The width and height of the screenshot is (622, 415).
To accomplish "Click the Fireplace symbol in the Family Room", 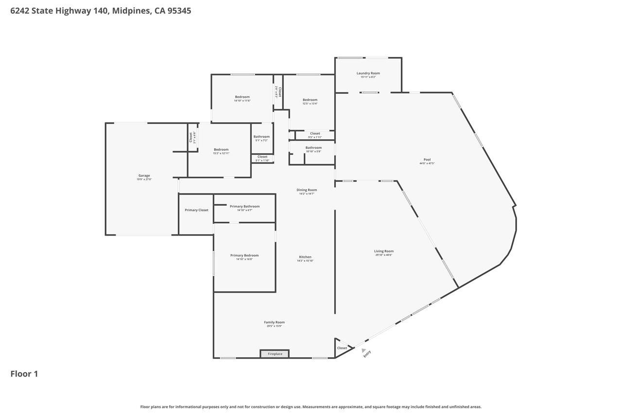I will pyautogui.click(x=275, y=354).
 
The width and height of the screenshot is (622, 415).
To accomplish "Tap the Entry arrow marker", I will pyautogui.click(x=363, y=350).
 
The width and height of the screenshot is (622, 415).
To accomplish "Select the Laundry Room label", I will pyautogui.click(x=368, y=73).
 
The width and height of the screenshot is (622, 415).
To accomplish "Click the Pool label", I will pyautogui.click(x=427, y=160).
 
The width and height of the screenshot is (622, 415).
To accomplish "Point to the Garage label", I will pyautogui.click(x=144, y=176).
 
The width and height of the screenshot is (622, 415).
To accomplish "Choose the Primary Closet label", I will pyautogui.click(x=196, y=210).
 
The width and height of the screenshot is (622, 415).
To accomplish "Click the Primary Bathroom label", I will pyautogui.click(x=244, y=206).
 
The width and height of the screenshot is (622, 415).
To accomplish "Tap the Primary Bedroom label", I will pyautogui.click(x=244, y=255).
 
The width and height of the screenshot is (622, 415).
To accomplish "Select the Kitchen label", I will pyautogui.click(x=305, y=257).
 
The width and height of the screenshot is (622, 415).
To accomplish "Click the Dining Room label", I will pyautogui.click(x=307, y=190).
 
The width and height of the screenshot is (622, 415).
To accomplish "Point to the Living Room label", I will pyautogui.click(x=384, y=252).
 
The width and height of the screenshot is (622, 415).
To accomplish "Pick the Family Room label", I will pyautogui.click(x=274, y=322).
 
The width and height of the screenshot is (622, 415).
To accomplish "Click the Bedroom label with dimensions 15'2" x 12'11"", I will pyautogui.click(x=221, y=150).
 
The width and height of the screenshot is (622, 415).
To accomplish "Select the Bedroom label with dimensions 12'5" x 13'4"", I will pyautogui.click(x=310, y=100).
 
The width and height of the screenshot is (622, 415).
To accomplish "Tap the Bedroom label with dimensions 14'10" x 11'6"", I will pyautogui.click(x=242, y=97).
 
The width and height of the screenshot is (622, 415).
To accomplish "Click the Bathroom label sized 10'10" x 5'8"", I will pyautogui.click(x=313, y=147).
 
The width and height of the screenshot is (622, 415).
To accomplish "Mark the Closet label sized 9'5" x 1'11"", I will pyautogui.click(x=315, y=133).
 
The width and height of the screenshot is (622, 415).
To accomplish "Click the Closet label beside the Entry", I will pyautogui.click(x=342, y=348).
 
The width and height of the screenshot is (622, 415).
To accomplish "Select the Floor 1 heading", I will pyautogui.click(x=24, y=374).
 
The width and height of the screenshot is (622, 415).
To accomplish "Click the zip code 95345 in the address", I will pyautogui.click(x=179, y=11).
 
